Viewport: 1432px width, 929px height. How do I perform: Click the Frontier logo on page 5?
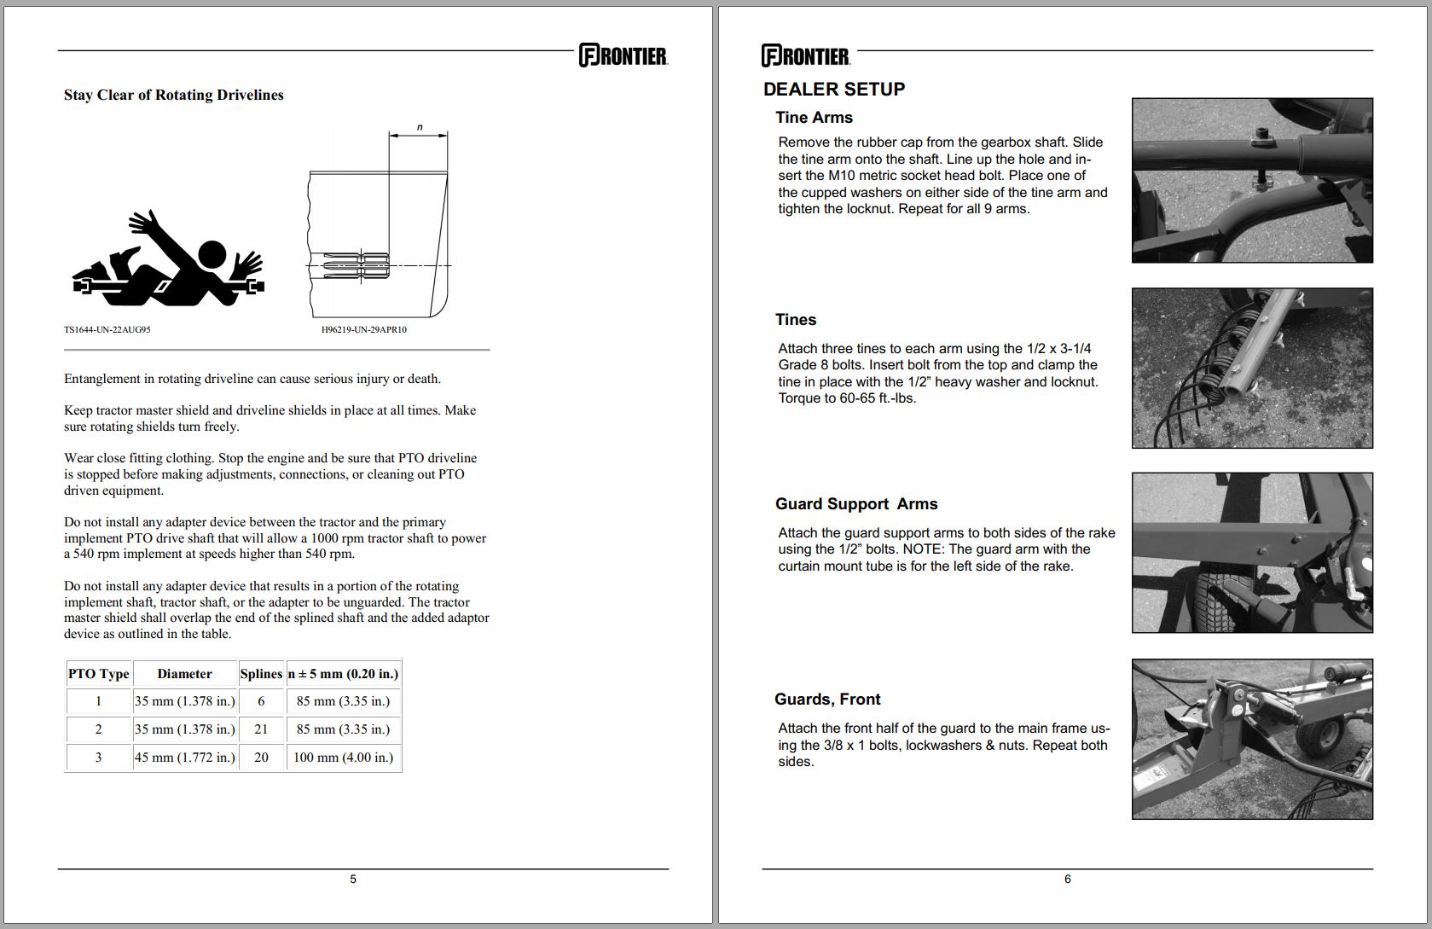tap(623, 55)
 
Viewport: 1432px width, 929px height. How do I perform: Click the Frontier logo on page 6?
tap(805, 56)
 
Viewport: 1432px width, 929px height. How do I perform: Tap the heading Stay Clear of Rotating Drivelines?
tap(173, 95)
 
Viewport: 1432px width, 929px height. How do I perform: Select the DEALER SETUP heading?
tap(833, 90)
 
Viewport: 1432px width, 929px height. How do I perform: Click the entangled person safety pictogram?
tap(169, 261)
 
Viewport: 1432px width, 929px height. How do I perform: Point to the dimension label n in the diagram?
tap(419, 127)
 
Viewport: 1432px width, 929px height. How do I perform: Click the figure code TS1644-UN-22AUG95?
tap(107, 329)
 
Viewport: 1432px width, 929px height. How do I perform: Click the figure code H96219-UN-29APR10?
tap(363, 329)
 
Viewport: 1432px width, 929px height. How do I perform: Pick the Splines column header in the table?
tap(261, 673)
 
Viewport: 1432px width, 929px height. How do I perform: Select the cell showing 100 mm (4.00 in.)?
tap(343, 757)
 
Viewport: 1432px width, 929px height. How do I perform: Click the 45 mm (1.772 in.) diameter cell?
tap(184, 757)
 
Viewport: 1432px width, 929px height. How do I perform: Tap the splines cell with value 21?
tap(261, 729)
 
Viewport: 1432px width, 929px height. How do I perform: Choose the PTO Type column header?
tap(98, 673)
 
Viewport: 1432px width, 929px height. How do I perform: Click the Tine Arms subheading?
tap(814, 118)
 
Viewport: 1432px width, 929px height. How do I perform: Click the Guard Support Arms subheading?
tap(855, 504)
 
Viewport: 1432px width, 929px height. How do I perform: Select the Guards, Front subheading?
tap(826, 700)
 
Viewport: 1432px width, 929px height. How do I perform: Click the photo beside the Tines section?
tap(1251, 368)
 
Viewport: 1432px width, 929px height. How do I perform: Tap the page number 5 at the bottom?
tap(353, 879)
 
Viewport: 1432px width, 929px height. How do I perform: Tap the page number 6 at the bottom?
tap(1067, 879)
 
